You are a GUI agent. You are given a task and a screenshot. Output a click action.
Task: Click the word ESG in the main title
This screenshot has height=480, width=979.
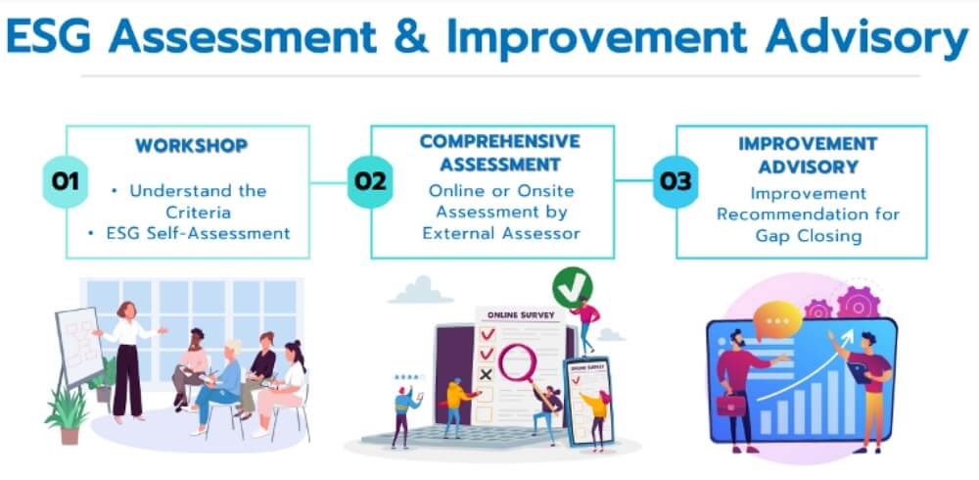click(49, 36)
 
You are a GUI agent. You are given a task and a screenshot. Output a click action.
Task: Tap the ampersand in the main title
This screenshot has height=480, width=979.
click(411, 36)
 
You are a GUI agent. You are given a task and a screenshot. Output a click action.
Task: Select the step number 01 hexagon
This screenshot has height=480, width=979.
click(65, 181)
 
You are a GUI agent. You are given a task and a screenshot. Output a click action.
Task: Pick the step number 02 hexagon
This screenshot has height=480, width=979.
click(370, 181)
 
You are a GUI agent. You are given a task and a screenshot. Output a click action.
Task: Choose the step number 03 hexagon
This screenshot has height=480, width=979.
click(676, 181)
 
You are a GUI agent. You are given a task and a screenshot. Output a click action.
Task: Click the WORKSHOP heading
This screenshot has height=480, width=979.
click(192, 146)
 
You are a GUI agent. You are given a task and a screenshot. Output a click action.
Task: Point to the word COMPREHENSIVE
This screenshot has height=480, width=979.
click(499, 141)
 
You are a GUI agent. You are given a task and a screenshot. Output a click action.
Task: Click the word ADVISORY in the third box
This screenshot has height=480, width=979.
click(808, 167)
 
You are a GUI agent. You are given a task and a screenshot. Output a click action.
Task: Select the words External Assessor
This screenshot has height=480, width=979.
click(501, 233)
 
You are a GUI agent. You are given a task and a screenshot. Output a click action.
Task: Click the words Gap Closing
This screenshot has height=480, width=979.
click(808, 236)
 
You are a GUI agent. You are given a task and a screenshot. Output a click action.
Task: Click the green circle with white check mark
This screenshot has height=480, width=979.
click(572, 287)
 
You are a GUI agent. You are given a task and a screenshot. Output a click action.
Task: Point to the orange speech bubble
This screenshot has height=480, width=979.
click(777, 320)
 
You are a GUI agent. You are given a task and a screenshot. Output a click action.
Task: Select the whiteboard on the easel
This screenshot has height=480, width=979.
click(79, 346)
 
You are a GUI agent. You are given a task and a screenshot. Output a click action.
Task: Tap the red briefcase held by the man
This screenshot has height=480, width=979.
click(731, 406)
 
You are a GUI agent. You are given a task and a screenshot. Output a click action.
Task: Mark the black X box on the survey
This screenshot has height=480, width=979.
click(486, 374)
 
